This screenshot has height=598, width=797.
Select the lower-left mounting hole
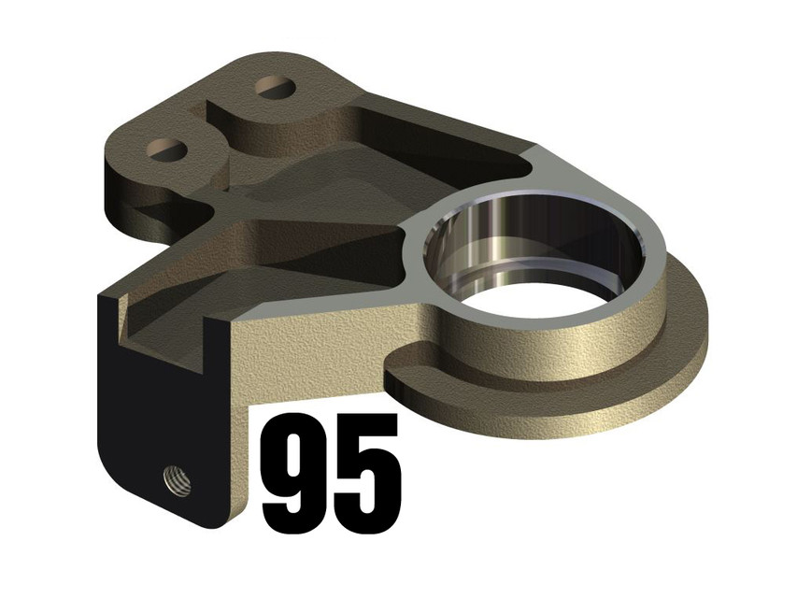click(169, 148)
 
